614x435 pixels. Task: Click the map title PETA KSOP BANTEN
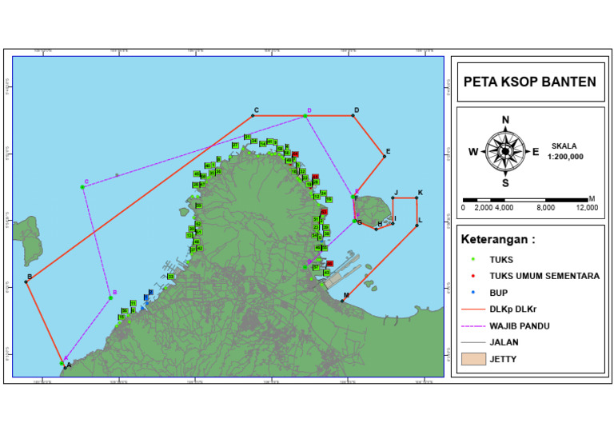pyautogui.click(x=530, y=82)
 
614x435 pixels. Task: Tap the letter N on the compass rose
pyautogui.click(x=505, y=121)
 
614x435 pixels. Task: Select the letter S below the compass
pyautogui.click(x=505, y=182)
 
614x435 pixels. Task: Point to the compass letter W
pyautogui.click(x=473, y=152)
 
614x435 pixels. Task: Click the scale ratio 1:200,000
pyautogui.click(x=565, y=157)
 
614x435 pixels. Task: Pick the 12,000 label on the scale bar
pyautogui.click(x=587, y=208)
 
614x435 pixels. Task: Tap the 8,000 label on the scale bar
pyautogui.click(x=545, y=208)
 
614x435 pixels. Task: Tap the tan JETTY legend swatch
pyautogui.click(x=473, y=360)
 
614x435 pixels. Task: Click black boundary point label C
pyautogui.click(x=256, y=110)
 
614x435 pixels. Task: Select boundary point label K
pyautogui.click(x=421, y=193)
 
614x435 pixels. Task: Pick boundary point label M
pyautogui.click(x=345, y=295)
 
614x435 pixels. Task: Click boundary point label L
pyautogui.click(x=421, y=220)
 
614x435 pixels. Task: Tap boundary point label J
pyautogui.click(x=395, y=193)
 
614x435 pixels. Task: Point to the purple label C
pyautogui.click(x=86, y=182)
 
